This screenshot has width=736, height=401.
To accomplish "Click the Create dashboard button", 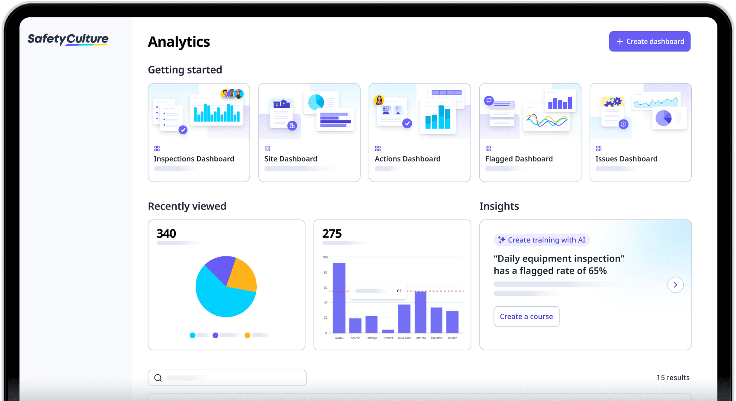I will [649, 42].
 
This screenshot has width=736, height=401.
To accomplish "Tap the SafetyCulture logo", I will [68, 39].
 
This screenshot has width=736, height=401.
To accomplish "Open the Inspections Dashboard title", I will [194, 159].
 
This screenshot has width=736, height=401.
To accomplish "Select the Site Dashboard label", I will [291, 159].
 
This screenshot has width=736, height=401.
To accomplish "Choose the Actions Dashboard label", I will [407, 159].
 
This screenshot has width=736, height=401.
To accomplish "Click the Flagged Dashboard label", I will [519, 159].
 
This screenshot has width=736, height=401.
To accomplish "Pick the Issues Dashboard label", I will [626, 159].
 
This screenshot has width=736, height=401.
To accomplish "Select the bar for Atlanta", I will [420, 312].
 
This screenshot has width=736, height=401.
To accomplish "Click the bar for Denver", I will [388, 331].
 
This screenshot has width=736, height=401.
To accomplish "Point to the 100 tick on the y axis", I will [325, 257].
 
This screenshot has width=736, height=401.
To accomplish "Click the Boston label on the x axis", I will [452, 338].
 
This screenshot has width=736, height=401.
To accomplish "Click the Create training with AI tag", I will [542, 240].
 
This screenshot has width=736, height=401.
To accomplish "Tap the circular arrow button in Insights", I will [675, 285].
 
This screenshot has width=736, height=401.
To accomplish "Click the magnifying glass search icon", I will [158, 378].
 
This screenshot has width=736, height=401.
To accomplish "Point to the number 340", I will [166, 234].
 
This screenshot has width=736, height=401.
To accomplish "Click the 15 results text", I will [673, 378].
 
